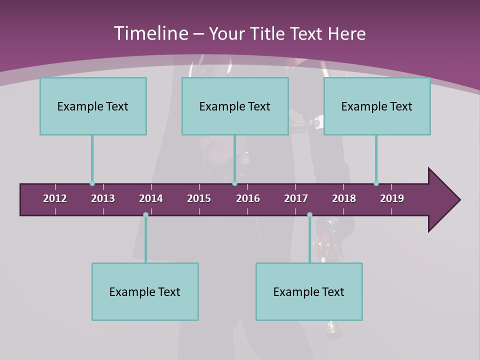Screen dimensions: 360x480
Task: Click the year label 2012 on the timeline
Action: click(55, 198)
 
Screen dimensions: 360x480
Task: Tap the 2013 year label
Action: click(103, 198)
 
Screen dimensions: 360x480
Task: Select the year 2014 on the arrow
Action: click(151, 198)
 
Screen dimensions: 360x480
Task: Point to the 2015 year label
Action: click(199, 198)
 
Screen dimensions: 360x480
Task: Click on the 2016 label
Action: click(248, 198)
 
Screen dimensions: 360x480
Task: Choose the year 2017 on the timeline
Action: click(296, 198)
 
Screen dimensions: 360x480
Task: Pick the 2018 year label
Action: click(344, 198)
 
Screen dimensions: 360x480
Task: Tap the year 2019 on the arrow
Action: click(392, 198)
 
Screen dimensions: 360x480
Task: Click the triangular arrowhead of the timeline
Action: click(442, 200)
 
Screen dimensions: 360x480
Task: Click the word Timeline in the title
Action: click(150, 33)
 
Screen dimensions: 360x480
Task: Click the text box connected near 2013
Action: click(93, 106)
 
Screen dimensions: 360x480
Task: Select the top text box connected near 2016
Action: click(235, 106)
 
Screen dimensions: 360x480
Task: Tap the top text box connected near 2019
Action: click(377, 106)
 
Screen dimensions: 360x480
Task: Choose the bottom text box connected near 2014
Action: click(145, 291)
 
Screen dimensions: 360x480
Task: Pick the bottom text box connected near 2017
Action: click(309, 291)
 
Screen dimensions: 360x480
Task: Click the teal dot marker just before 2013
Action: click(92, 183)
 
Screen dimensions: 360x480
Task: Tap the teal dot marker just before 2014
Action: click(145, 215)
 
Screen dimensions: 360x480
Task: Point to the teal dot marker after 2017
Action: click(309, 215)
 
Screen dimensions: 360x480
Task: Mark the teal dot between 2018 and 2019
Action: click(376, 183)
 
